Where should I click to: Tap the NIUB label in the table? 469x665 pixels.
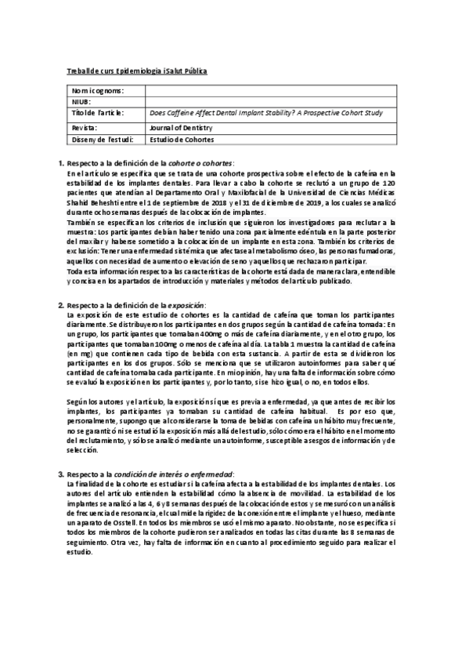[x=81, y=102]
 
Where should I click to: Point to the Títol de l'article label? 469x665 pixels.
[x=97, y=113]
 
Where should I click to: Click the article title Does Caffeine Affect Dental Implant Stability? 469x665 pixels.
[x=265, y=113]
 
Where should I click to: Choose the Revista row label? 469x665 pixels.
[x=84, y=126]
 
